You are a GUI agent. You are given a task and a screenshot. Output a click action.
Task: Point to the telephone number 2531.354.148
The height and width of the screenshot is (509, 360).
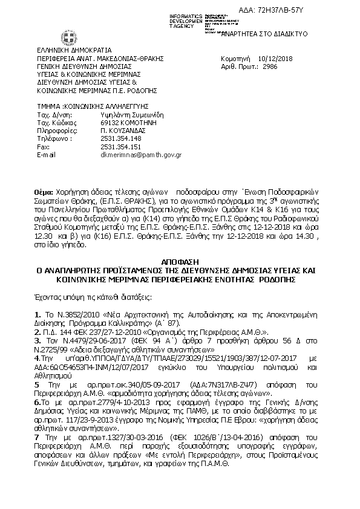pos(120,138)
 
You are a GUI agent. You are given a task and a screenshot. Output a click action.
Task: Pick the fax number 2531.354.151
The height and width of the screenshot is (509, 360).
pos(120,146)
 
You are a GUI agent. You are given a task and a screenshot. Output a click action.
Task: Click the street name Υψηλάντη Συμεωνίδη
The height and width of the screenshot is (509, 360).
pos(133,113)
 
